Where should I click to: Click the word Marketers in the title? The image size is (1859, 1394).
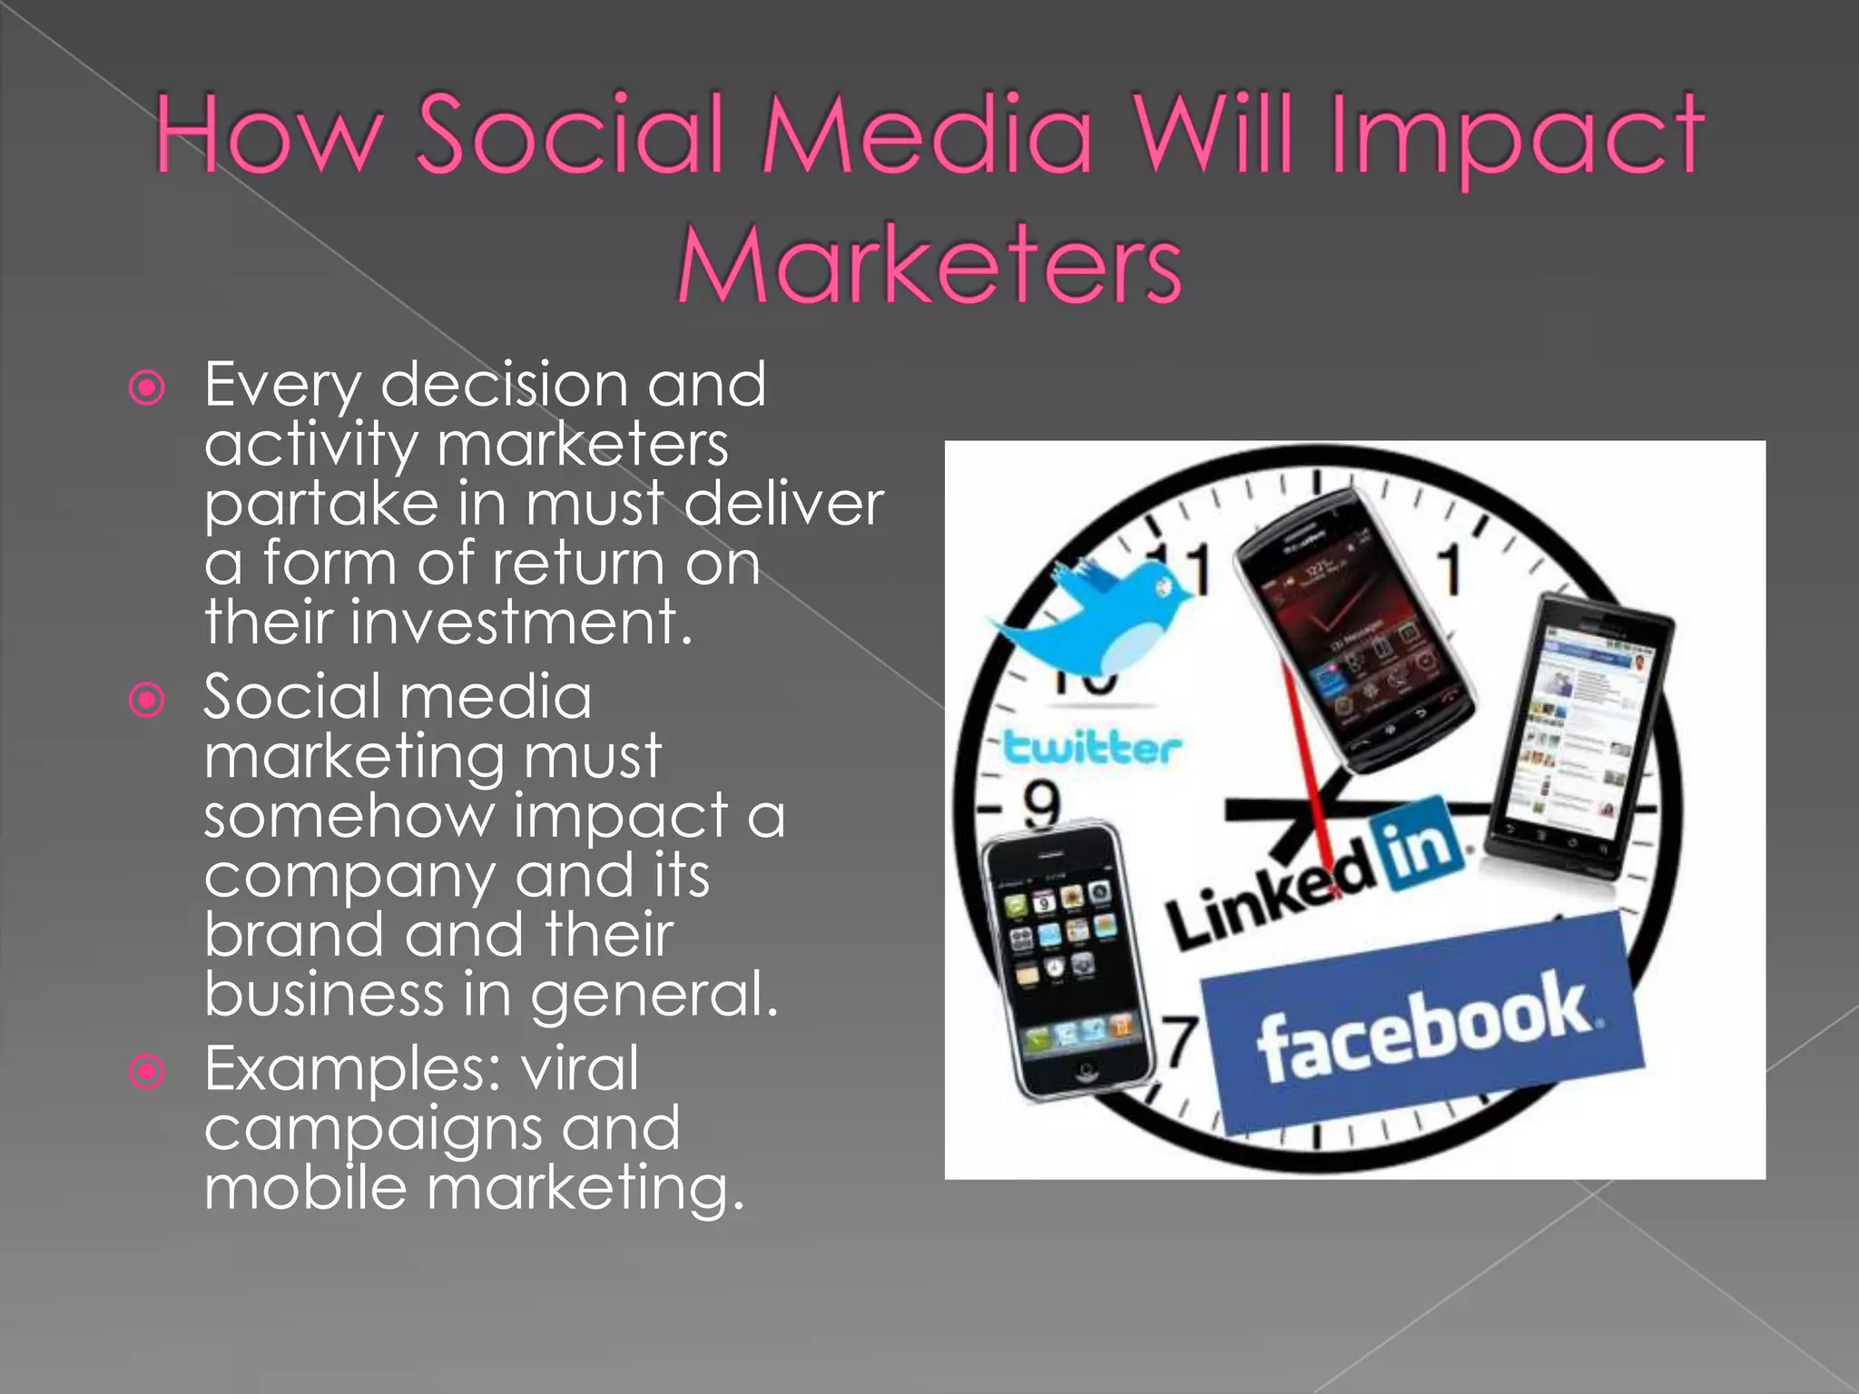tap(929, 264)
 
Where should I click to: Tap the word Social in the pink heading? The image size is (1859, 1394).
tap(571, 134)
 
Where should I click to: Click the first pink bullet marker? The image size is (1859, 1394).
tap(147, 388)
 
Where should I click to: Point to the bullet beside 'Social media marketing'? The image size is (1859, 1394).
tap(147, 700)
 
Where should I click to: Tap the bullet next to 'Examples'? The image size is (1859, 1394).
tap(147, 1072)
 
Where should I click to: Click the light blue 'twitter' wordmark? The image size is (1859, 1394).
tap(1092, 749)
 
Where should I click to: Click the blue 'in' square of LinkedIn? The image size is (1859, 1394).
tap(1419, 845)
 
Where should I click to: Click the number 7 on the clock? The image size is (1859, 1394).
tap(1181, 1042)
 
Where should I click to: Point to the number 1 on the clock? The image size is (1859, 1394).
tap(1451, 570)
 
